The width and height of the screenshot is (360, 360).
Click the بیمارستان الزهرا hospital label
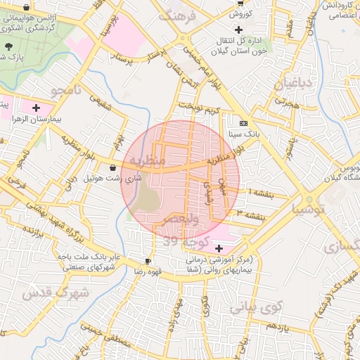click(x=36, y=120)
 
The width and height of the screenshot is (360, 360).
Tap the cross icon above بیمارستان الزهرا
click(x=36, y=108)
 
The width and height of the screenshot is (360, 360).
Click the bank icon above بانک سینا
click(x=243, y=122)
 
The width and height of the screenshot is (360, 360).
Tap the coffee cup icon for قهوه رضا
click(x=148, y=260)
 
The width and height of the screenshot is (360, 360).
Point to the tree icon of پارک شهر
click(x=8, y=46)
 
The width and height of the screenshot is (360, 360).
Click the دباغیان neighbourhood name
click(x=287, y=84)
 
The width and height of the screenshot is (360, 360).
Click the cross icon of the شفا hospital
click(x=219, y=248)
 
